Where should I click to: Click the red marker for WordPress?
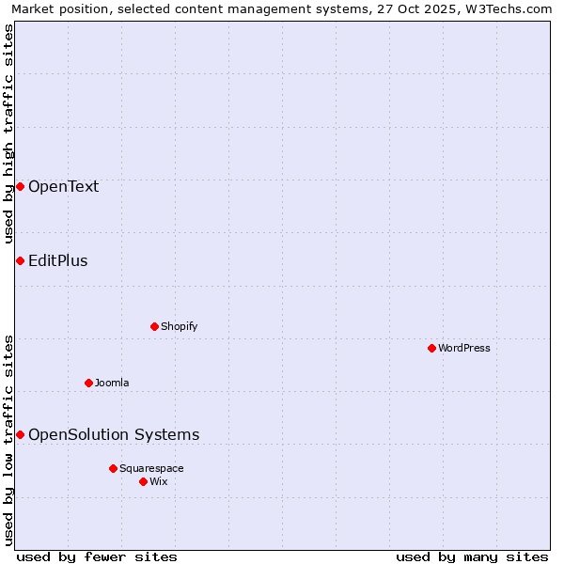point(431,348)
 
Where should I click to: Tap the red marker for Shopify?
point(154,326)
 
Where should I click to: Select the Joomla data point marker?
point(88,383)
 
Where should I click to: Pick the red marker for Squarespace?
point(113,468)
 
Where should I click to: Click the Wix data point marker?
point(143,481)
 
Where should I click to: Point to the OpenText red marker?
point(20,186)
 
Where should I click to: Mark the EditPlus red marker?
point(20,260)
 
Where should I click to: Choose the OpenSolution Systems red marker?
point(20,434)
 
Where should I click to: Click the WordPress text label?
point(464,348)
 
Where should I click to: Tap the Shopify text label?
point(179,326)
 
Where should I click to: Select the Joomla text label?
point(112,383)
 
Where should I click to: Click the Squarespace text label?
point(151,468)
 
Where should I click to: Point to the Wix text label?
point(159,481)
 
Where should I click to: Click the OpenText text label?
point(63,186)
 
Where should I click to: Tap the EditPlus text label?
point(57,260)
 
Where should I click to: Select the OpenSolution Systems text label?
point(114,434)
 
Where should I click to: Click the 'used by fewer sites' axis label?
point(97,556)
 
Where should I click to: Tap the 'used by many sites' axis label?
point(472,556)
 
